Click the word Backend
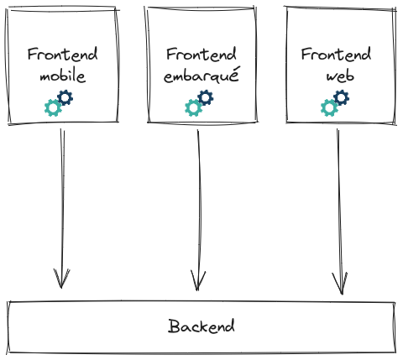[x=201, y=326]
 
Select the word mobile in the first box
[x=63, y=76]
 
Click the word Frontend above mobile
[x=62, y=55]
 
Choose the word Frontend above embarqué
[x=201, y=55]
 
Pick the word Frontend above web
[x=336, y=55]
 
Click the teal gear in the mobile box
[x=54, y=107]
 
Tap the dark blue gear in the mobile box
[x=65, y=98]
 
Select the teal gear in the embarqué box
[x=193, y=107]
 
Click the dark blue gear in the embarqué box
[x=204, y=98]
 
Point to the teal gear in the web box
[x=329, y=107]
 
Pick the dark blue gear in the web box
[x=340, y=98]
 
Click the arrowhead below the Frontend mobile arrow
[x=61, y=280]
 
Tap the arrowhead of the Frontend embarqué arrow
[x=199, y=282]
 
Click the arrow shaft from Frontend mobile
[x=62, y=201]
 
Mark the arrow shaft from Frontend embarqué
[x=199, y=201]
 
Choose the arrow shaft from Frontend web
[x=339, y=201]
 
